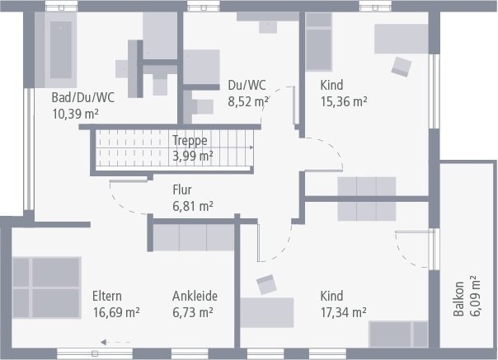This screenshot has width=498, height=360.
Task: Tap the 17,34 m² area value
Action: point(342,312)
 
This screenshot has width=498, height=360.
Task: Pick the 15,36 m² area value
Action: point(343,102)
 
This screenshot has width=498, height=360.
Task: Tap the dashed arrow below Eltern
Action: point(115,341)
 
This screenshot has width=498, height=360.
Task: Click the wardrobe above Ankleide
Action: point(195,237)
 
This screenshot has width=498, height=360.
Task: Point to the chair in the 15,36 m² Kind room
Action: point(402,65)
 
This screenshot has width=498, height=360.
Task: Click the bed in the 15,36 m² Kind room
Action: point(319,41)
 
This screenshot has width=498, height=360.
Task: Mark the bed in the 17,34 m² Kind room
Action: point(398,334)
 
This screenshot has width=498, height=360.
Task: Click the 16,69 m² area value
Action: point(116,312)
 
